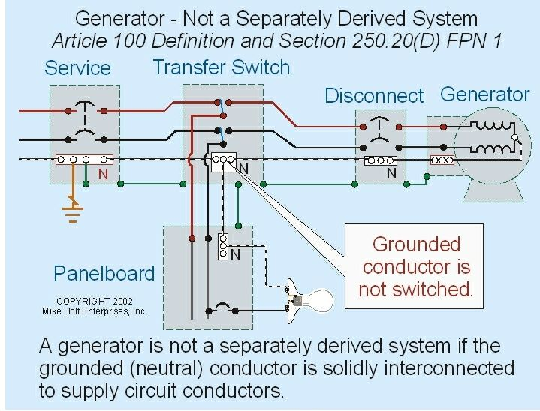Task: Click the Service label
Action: coord(77,68)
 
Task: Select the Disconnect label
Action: coord(374,96)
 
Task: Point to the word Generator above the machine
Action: coord(484,94)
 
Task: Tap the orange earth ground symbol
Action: coord(72,211)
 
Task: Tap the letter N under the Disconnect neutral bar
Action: coord(391,173)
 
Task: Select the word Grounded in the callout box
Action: coord(415,244)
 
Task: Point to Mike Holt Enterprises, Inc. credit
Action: coord(101,311)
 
